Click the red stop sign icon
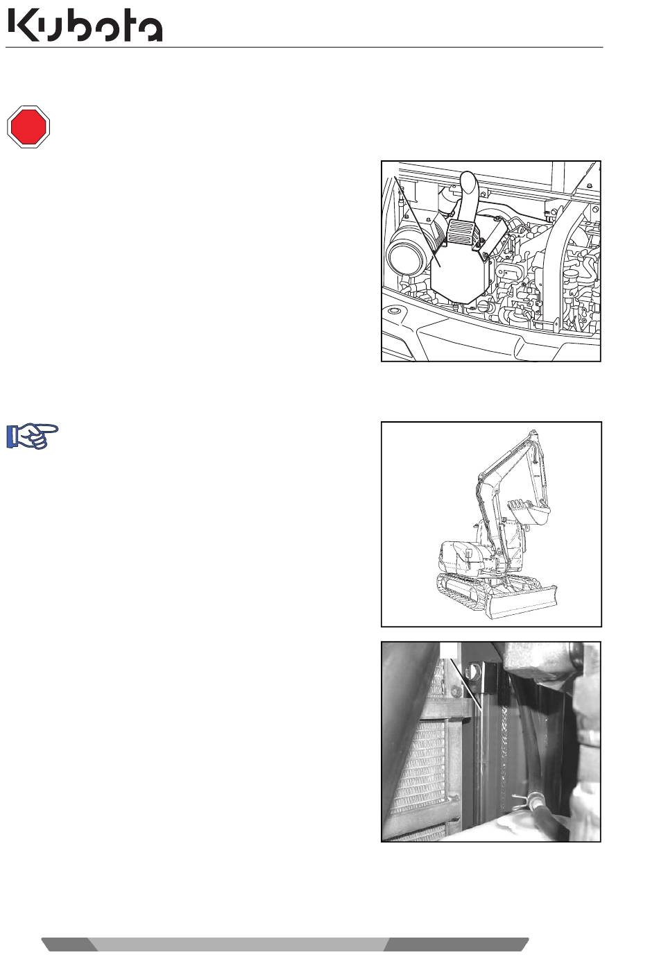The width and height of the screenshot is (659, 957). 28,127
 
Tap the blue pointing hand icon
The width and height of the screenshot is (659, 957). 32,437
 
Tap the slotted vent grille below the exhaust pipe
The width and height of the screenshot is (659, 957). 464,232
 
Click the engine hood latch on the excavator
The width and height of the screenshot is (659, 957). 468,554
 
